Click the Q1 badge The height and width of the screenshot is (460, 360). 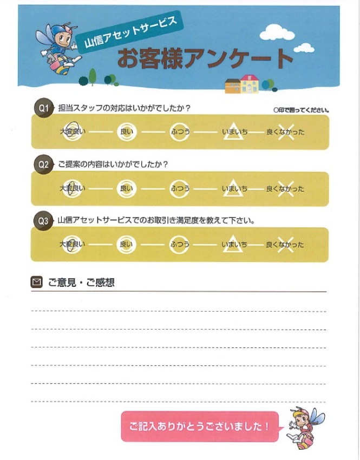click(43, 108)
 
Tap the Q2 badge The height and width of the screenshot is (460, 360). click(43, 165)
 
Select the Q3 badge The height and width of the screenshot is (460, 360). click(43, 221)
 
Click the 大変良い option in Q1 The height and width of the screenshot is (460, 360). click(72, 132)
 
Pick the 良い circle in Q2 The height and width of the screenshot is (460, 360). click(126, 188)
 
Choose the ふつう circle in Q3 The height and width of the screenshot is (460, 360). click(179, 245)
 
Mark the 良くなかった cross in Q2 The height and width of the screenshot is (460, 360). click(285, 188)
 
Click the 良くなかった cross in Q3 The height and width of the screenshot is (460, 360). click(285, 245)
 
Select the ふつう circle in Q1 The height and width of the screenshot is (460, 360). click(179, 132)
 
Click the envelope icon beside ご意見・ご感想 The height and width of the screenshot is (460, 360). click(37, 282)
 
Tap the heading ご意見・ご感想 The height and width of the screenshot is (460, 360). click(81, 282)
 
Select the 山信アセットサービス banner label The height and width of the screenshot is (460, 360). click(130, 34)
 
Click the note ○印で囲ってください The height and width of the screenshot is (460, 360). click(302, 110)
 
